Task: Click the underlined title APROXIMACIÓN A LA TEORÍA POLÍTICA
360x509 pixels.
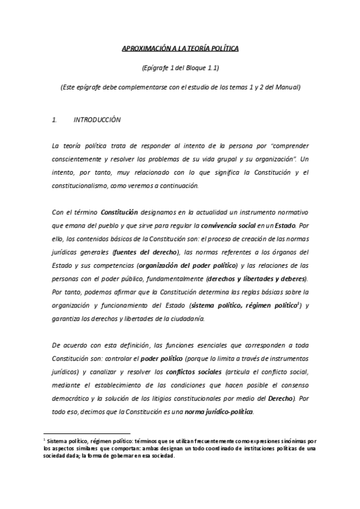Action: [x=180, y=48]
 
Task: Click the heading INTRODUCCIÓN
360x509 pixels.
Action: [x=97, y=119]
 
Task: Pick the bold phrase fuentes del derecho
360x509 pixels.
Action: [x=148, y=251]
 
